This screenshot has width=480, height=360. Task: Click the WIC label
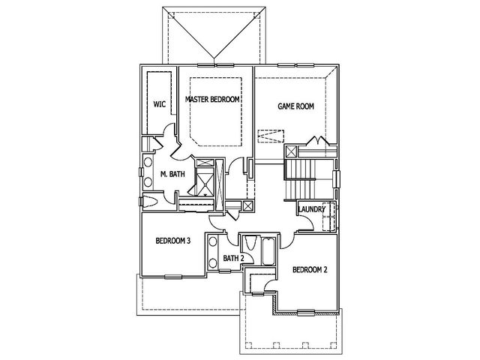coord(160,104)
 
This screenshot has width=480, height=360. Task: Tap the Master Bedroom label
coord(212,99)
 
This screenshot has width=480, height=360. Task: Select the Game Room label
coord(295,106)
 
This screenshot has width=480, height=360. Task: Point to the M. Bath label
coord(172,174)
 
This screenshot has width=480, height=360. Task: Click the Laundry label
coord(312,209)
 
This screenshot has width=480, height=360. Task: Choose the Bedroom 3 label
coord(173,241)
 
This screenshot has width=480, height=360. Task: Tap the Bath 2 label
coord(233,258)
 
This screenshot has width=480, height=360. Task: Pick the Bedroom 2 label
coord(310,270)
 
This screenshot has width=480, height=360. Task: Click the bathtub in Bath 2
coord(268,251)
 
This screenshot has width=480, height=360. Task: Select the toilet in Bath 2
coord(250,243)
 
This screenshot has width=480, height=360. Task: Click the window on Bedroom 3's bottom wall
coord(173,277)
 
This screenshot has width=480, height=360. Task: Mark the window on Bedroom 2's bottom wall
coord(306,312)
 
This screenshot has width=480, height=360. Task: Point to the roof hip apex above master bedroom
coord(214,58)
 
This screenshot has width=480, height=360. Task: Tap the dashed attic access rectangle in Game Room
coord(271,136)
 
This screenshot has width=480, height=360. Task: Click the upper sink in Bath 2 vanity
coord(213,241)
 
